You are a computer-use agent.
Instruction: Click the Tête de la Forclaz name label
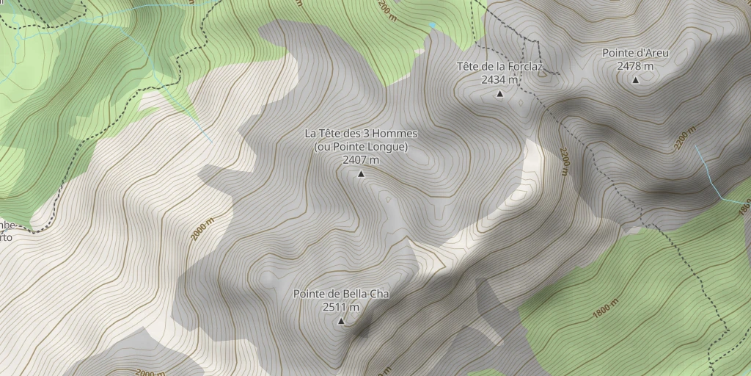pos(499,66)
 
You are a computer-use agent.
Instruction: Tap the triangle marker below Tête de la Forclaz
pos(500,94)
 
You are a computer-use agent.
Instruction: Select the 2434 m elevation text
pos(499,79)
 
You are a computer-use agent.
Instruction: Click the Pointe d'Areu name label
pos(635,53)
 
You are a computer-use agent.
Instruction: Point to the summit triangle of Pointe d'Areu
pos(635,80)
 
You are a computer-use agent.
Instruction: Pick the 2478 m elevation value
pos(635,66)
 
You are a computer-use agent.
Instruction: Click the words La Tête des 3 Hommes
pos(361,134)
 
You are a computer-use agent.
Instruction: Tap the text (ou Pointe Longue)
pos(361,147)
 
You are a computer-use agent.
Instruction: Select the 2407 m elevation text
pos(361,160)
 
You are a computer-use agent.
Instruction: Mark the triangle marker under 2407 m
pos(361,174)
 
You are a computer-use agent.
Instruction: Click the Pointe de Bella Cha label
pos(341,294)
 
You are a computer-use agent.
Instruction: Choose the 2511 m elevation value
pos(341,307)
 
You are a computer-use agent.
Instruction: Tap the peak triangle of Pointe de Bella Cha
pos(341,322)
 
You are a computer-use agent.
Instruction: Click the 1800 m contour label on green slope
pos(605,308)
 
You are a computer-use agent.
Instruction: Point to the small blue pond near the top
pos(432,26)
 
